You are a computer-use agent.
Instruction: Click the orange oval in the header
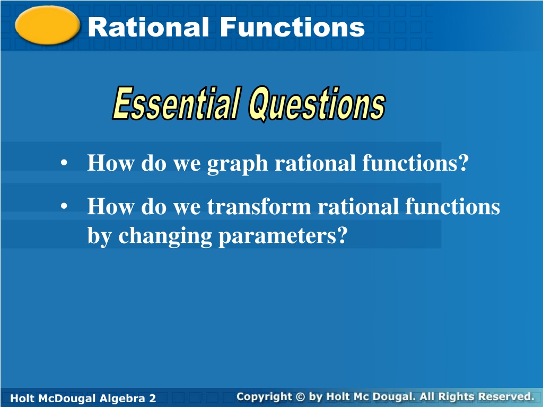tap(47, 25)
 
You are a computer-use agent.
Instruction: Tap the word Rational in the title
tap(148, 28)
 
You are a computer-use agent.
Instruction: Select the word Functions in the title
tap(292, 28)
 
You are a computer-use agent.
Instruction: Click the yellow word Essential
tap(177, 103)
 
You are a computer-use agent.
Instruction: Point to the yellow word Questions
tap(317, 103)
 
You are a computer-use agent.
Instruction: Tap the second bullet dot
tap(64, 206)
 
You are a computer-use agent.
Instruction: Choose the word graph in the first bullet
tap(237, 164)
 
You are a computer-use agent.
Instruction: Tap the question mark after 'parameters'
tap(341, 235)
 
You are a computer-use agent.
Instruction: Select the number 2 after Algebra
tap(152, 399)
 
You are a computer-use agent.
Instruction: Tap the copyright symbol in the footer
tap(300, 396)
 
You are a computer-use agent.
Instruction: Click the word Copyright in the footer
tap(264, 397)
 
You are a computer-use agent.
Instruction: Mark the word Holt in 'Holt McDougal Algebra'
tap(22, 399)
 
